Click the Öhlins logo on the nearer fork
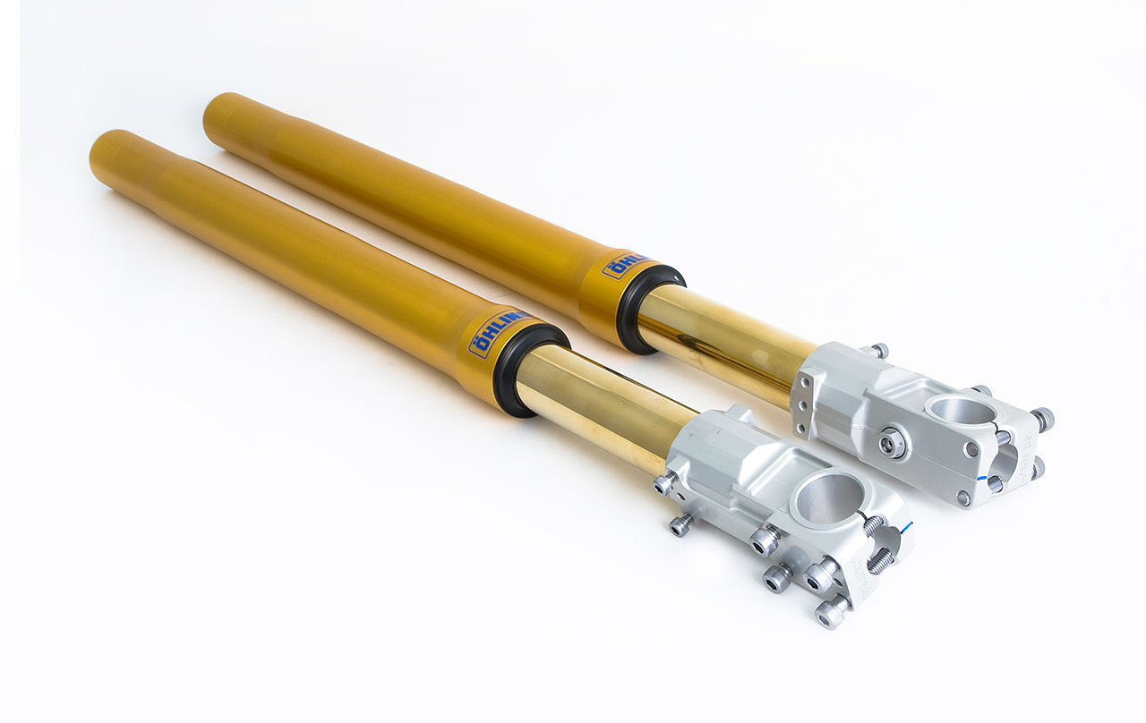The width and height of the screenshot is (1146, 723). point(495,334)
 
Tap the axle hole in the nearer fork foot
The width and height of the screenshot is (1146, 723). point(825,498)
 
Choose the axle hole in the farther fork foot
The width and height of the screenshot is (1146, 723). point(961,411)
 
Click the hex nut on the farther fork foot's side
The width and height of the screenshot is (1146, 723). point(891,442)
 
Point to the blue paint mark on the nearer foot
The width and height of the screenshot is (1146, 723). point(906,527)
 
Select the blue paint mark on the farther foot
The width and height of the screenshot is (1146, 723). point(993,480)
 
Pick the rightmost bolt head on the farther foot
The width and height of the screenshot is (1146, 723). point(1042,419)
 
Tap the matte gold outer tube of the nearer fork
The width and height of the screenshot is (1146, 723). point(286,251)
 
